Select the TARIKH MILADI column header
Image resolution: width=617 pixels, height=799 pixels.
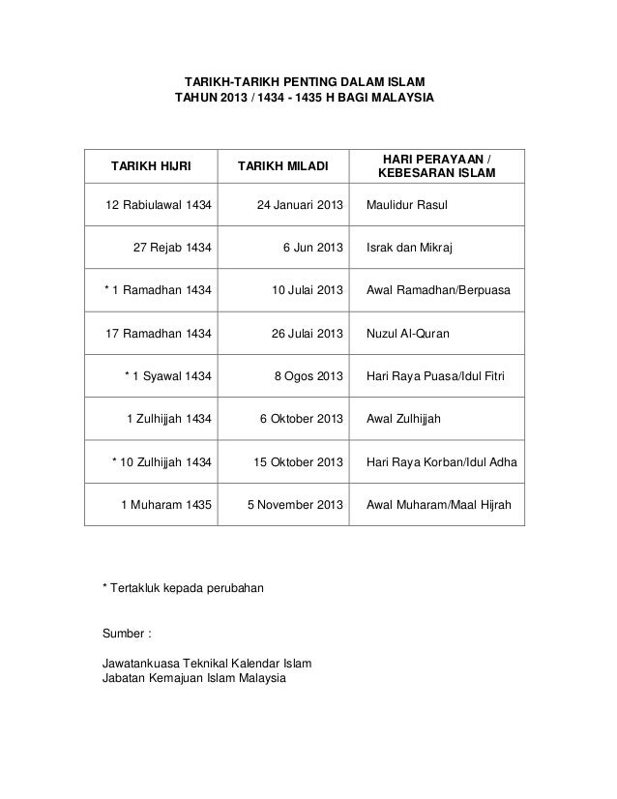tap(281, 166)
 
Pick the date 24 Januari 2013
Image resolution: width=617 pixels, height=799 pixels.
tap(300, 206)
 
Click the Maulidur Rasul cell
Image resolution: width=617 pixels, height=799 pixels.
tap(407, 206)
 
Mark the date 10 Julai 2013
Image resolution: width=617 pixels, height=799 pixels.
tap(307, 290)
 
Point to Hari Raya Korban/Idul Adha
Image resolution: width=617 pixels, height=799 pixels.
tap(441, 462)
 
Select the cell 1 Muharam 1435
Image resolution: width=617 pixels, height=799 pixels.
tap(167, 505)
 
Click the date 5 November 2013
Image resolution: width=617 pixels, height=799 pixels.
tap(291, 505)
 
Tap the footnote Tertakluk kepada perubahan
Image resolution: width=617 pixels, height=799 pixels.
tap(188, 587)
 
